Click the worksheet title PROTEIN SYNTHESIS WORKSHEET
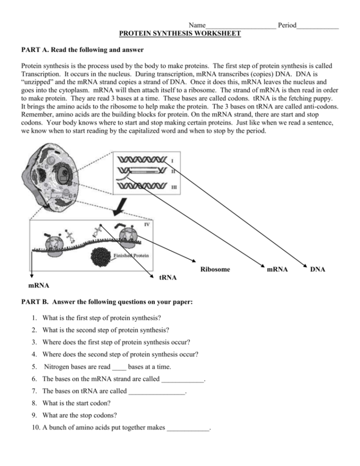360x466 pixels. pos(180,33)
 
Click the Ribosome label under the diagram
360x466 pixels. pos(215,269)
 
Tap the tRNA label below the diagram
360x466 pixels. pos(168,277)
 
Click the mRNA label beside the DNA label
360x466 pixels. pos(277,270)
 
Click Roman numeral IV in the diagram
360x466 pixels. pos(148,224)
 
